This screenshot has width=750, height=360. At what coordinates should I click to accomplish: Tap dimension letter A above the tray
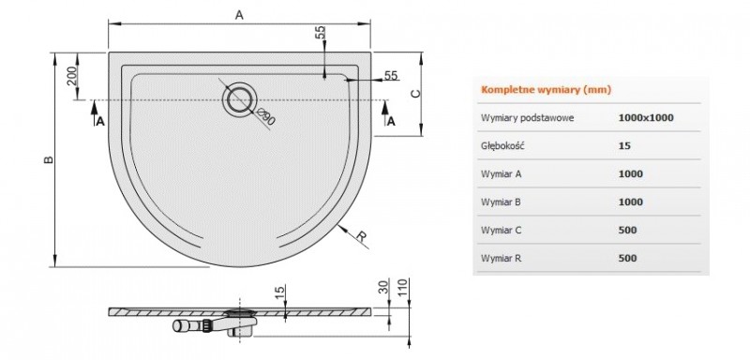coord(238,15)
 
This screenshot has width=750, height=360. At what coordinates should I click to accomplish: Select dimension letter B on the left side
coord(48,160)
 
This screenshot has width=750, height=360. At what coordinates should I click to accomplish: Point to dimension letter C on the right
coord(414,93)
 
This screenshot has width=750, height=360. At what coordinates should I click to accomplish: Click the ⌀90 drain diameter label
coord(264,117)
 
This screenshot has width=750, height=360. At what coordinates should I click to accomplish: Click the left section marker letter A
coord(100,121)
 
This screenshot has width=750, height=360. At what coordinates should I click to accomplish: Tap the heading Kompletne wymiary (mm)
coord(532,91)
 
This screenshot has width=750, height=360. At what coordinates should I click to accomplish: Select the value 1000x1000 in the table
coord(646,118)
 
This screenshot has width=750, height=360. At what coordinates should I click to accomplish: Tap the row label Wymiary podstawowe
coord(527,118)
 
